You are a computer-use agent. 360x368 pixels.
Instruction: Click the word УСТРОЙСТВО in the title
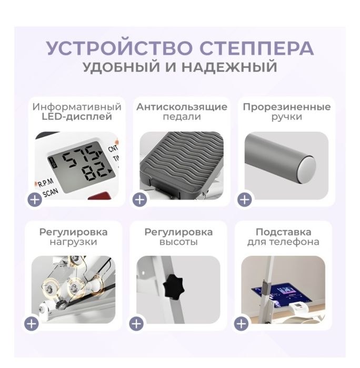114,48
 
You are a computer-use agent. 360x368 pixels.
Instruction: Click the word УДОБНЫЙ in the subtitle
123,67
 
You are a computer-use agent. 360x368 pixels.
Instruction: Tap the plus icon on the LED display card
35,199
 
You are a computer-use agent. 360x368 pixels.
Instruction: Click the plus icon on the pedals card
139,199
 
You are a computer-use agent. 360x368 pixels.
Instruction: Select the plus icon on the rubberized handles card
244,199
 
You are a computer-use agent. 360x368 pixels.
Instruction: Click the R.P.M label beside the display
45,183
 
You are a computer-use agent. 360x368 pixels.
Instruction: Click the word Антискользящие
182,107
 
